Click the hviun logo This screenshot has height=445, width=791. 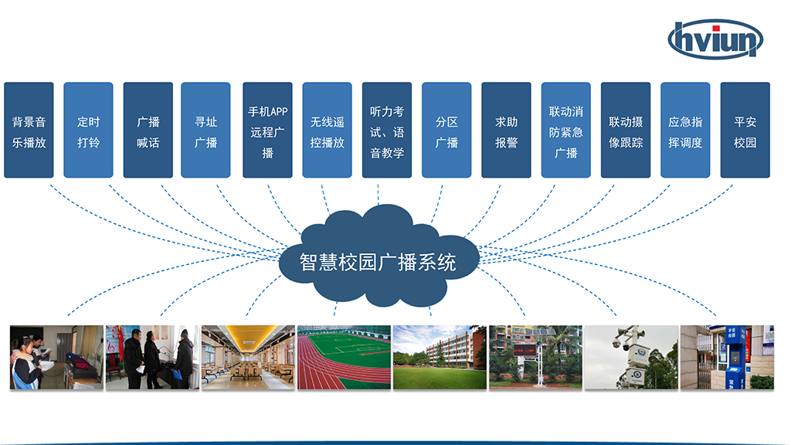pyautogui.click(x=715, y=39)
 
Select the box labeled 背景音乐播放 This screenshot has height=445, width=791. pyautogui.click(x=29, y=131)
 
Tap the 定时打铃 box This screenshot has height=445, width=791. pyautogui.click(x=88, y=131)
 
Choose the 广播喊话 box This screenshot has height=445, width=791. pyautogui.click(x=148, y=131)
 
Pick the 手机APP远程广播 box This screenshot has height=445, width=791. pyautogui.click(x=267, y=131)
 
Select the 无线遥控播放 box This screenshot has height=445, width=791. pyautogui.click(x=327, y=131)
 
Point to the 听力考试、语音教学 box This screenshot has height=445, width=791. pyautogui.click(x=387, y=131)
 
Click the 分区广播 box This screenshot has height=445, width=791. pyautogui.click(x=446, y=131)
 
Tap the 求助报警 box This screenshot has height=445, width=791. pyautogui.click(x=506, y=131)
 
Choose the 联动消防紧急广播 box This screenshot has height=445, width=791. pyautogui.click(x=565, y=131)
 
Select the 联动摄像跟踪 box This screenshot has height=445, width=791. pyautogui.click(x=626, y=131)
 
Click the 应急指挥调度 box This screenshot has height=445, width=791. pyautogui.click(x=685, y=131)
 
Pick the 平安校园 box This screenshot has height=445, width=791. pyautogui.click(x=745, y=131)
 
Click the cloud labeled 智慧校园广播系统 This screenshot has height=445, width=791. pyautogui.click(x=378, y=259)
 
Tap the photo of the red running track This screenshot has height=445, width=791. pyautogui.click(x=344, y=357)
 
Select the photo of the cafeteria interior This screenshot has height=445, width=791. pyautogui.click(x=248, y=357)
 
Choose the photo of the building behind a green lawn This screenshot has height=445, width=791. pyautogui.click(x=440, y=357)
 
